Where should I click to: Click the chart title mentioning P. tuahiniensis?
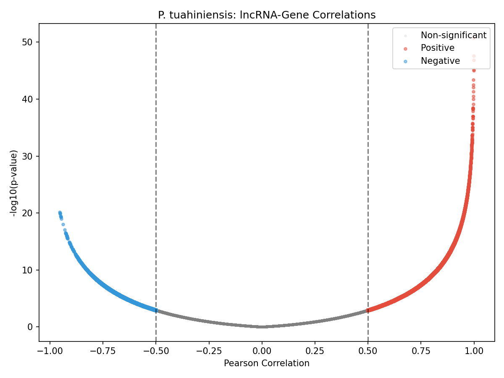coord(267,15)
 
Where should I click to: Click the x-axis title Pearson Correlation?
coord(267,363)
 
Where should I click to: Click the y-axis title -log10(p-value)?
coord(14,183)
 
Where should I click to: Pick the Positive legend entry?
coord(437,48)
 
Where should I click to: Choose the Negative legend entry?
coord(440,61)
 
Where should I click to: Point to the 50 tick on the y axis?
coord(28,42)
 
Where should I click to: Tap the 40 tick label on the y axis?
coord(28,99)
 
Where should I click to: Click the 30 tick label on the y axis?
coord(28,156)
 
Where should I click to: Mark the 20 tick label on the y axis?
coord(28,213)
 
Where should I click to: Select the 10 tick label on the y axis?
coord(28,270)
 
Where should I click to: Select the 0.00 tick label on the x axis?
coord(262,351)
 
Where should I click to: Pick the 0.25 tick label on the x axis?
coord(315,351)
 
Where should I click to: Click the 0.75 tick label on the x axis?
coord(421,351)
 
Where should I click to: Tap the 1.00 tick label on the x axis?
coord(474,351)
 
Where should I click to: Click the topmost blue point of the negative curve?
coord(60,212)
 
